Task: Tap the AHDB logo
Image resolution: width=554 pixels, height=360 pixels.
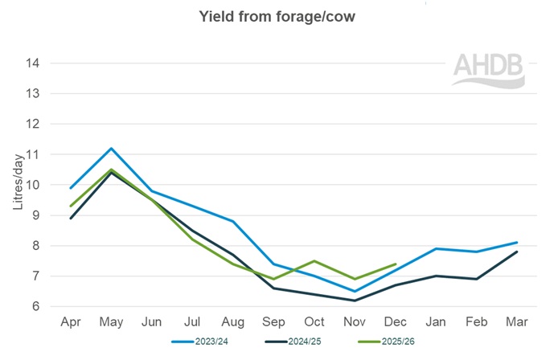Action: tap(488, 71)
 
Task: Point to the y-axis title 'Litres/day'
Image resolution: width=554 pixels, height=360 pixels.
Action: tap(17, 185)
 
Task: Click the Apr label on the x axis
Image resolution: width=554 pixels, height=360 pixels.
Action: tap(72, 322)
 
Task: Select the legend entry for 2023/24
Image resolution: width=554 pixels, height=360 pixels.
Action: tap(202, 342)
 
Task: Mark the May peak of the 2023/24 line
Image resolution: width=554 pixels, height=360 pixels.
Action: tap(112, 149)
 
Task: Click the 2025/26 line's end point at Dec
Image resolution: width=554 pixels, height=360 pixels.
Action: tap(396, 264)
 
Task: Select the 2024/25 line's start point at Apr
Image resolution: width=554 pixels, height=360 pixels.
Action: tap(72, 219)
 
